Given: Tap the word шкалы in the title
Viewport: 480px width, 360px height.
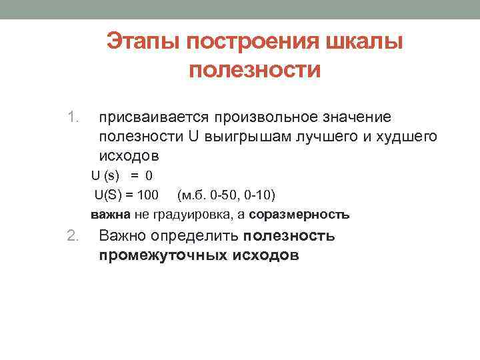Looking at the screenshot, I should pos(364,41).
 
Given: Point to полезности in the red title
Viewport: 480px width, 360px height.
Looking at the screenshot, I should pos(255,69).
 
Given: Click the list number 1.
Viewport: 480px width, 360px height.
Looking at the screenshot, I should pos(73,117).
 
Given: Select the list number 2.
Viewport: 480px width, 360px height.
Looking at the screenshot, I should pos(73,235).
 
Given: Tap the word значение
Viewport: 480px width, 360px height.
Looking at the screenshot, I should pos(356,117).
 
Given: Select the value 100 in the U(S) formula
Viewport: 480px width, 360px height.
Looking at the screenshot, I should pos(147,195).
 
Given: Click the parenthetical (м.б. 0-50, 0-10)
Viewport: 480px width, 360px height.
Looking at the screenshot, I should pos(227,195).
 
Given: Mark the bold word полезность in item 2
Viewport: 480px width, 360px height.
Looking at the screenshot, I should pos(289,235).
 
